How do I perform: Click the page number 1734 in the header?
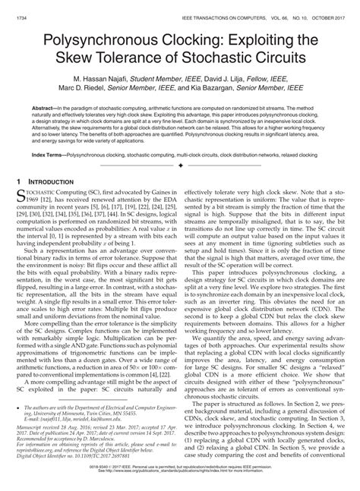point(23,6)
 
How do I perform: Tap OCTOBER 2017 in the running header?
point(319,6)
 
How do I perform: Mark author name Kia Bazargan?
point(240,90)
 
